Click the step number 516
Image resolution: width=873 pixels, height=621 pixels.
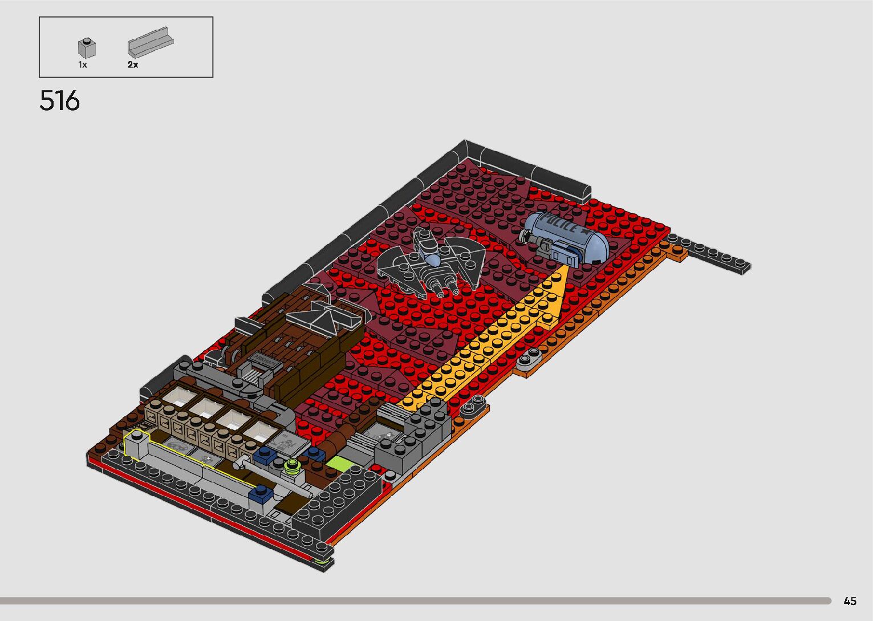click(60, 101)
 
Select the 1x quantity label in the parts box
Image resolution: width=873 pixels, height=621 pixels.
click(83, 64)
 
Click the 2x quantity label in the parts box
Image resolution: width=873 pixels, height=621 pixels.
click(133, 64)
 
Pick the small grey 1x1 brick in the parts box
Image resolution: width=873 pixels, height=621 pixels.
click(87, 48)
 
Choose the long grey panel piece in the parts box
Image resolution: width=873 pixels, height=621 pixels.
click(151, 42)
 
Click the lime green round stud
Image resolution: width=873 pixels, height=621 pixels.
click(292, 464)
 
